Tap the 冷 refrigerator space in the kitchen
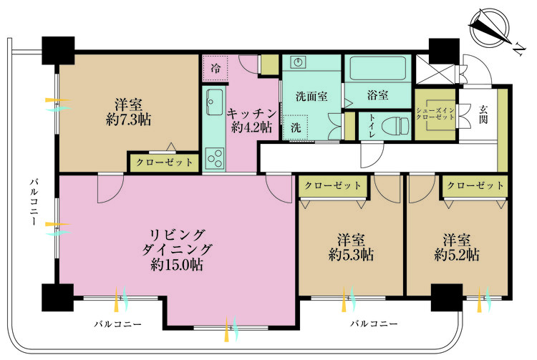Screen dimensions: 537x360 [x=216, y=69]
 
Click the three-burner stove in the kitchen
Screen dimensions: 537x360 [x=216, y=158]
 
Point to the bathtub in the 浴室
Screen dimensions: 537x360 [x=378, y=68]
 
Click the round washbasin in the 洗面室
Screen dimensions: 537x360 [x=299, y=62]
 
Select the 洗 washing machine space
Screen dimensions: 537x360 [x=296, y=127]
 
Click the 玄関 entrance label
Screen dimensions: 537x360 [x=483, y=115]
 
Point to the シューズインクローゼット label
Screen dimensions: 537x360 [x=435, y=114]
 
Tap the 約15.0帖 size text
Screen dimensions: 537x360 [x=177, y=265]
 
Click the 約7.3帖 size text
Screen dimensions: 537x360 [x=128, y=120]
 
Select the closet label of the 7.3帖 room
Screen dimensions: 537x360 [x=165, y=162]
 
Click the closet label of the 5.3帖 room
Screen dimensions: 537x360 [x=333, y=185]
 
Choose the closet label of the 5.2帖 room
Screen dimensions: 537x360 [x=475, y=185]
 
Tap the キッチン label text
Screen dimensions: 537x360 [x=252, y=113]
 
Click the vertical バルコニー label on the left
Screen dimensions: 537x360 [x=34, y=202]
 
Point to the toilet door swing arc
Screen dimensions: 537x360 [x=372, y=155]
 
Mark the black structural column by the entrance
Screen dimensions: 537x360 [x=444, y=52]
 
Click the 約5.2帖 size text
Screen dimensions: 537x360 [x=457, y=255]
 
